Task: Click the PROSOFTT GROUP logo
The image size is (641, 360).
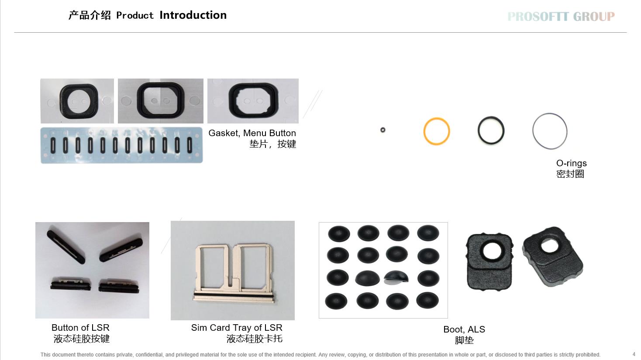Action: coord(561,16)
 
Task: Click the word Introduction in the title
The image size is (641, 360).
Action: coord(193,15)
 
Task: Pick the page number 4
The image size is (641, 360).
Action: coord(634,355)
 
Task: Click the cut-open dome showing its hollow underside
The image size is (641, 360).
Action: coord(396,278)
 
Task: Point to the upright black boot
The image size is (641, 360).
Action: coord(489,262)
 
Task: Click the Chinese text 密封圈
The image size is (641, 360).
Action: coord(570,174)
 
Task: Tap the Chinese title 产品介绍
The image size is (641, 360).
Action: coord(90,15)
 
